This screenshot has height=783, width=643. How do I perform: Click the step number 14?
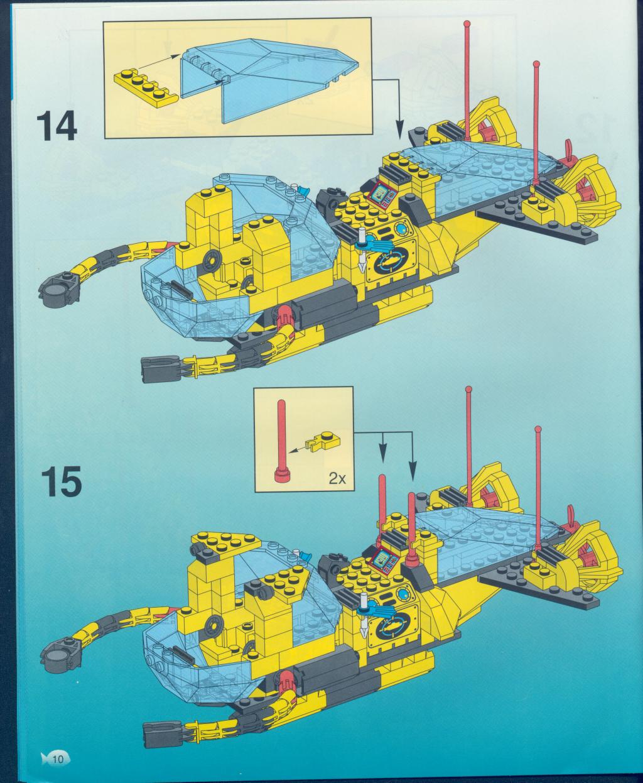point(57,127)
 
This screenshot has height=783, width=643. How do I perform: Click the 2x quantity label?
point(337,479)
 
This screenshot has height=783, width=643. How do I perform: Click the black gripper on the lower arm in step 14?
point(161,369)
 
